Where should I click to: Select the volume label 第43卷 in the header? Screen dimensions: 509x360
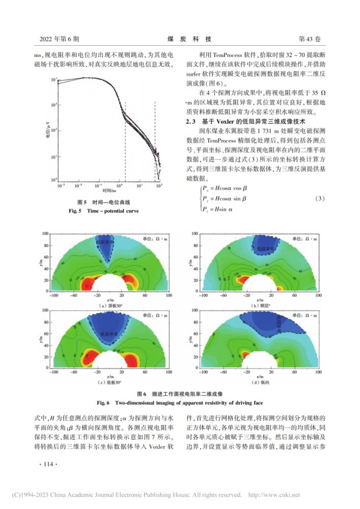coord(309,39)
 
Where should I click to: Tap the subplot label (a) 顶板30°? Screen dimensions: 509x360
coord(105,305)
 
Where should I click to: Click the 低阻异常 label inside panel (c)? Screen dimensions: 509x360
coord(108,334)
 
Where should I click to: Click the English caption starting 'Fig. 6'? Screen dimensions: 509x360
coord(180,402)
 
